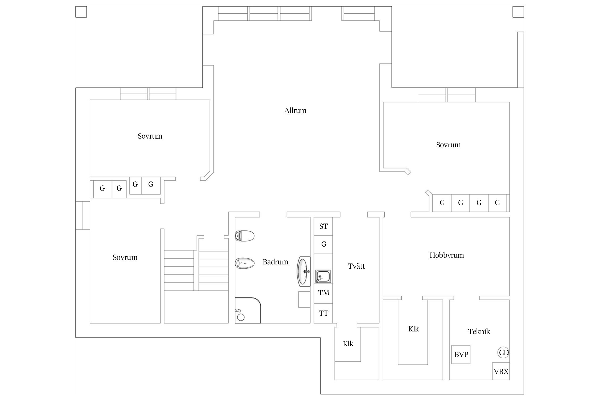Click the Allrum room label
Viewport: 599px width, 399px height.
coord(295,111)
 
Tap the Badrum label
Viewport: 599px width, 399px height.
coord(275,262)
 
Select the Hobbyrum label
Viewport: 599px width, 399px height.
coord(447,255)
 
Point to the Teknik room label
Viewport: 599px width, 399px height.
coord(479,331)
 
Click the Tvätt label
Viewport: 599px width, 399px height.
coord(356,266)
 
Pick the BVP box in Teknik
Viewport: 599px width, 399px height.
coord(461,355)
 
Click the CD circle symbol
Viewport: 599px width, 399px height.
coord(503,353)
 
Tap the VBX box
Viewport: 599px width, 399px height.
coord(501,371)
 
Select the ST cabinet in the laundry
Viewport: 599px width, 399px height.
coord(323,226)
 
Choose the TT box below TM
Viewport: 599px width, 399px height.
coord(323,313)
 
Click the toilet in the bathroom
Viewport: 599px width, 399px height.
coord(245,236)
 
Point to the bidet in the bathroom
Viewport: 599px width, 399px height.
coord(245,263)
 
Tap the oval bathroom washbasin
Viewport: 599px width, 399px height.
coord(304,272)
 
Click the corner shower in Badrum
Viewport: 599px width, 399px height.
coord(248,310)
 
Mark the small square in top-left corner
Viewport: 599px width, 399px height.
coord(81,12)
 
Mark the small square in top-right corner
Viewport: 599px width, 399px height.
coord(518,12)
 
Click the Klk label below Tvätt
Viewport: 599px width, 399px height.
coord(348,344)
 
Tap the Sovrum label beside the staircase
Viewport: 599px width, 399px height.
coord(125,257)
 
